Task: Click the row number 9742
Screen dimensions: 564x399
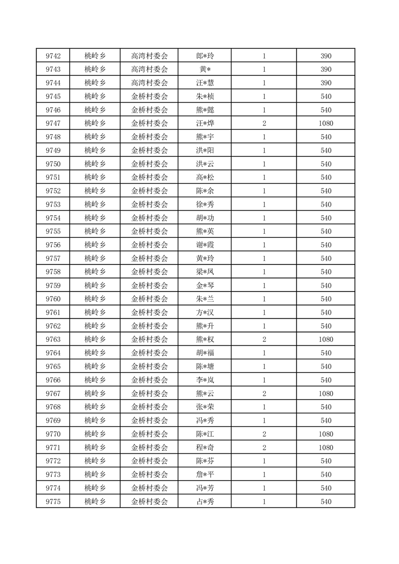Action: tap(53, 56)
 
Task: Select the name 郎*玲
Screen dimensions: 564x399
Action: tap(205, 56)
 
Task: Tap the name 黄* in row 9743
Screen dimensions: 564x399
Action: tap(205, 69)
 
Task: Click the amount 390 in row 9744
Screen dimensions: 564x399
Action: tap(326, 83)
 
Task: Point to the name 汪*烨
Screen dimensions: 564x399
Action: tap(205, 124)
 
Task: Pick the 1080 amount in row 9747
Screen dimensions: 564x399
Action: tap(326, 124)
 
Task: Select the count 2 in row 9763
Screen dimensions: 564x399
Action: tap(264, 340)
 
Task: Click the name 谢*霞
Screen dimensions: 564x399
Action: tap(205, 245)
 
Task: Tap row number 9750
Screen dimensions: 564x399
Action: tap(53, 164)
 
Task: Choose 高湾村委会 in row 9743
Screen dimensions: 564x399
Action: tap(149, 69)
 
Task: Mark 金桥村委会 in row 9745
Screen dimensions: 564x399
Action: tap(149, 97)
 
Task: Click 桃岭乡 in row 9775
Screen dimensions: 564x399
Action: tap(95, 502)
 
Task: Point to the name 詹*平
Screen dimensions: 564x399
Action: tap(205, 475)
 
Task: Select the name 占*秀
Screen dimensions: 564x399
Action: tap(205, 502)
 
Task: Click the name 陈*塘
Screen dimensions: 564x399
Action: tap(205, 366)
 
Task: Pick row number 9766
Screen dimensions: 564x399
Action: tap(53, 380)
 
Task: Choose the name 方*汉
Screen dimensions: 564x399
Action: tap(205, 313)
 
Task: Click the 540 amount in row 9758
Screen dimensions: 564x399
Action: tap(326, 272)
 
